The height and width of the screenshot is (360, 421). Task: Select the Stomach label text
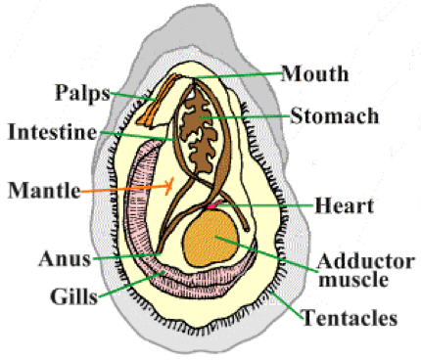coord(332,116)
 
